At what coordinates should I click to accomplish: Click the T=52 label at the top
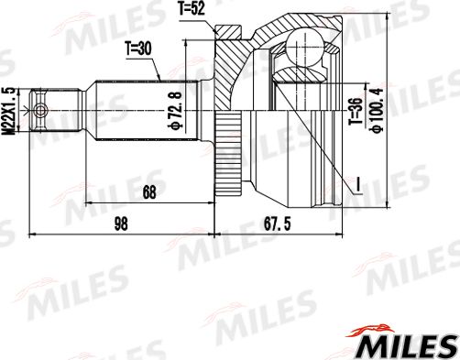point(191,10)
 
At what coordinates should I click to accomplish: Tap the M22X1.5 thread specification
point(9,110)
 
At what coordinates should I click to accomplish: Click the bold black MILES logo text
point(403,346)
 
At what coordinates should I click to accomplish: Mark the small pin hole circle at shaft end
point(39,109)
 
